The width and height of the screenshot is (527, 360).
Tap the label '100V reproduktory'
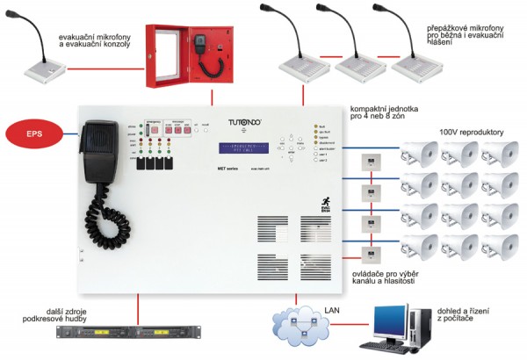point(471,132)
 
